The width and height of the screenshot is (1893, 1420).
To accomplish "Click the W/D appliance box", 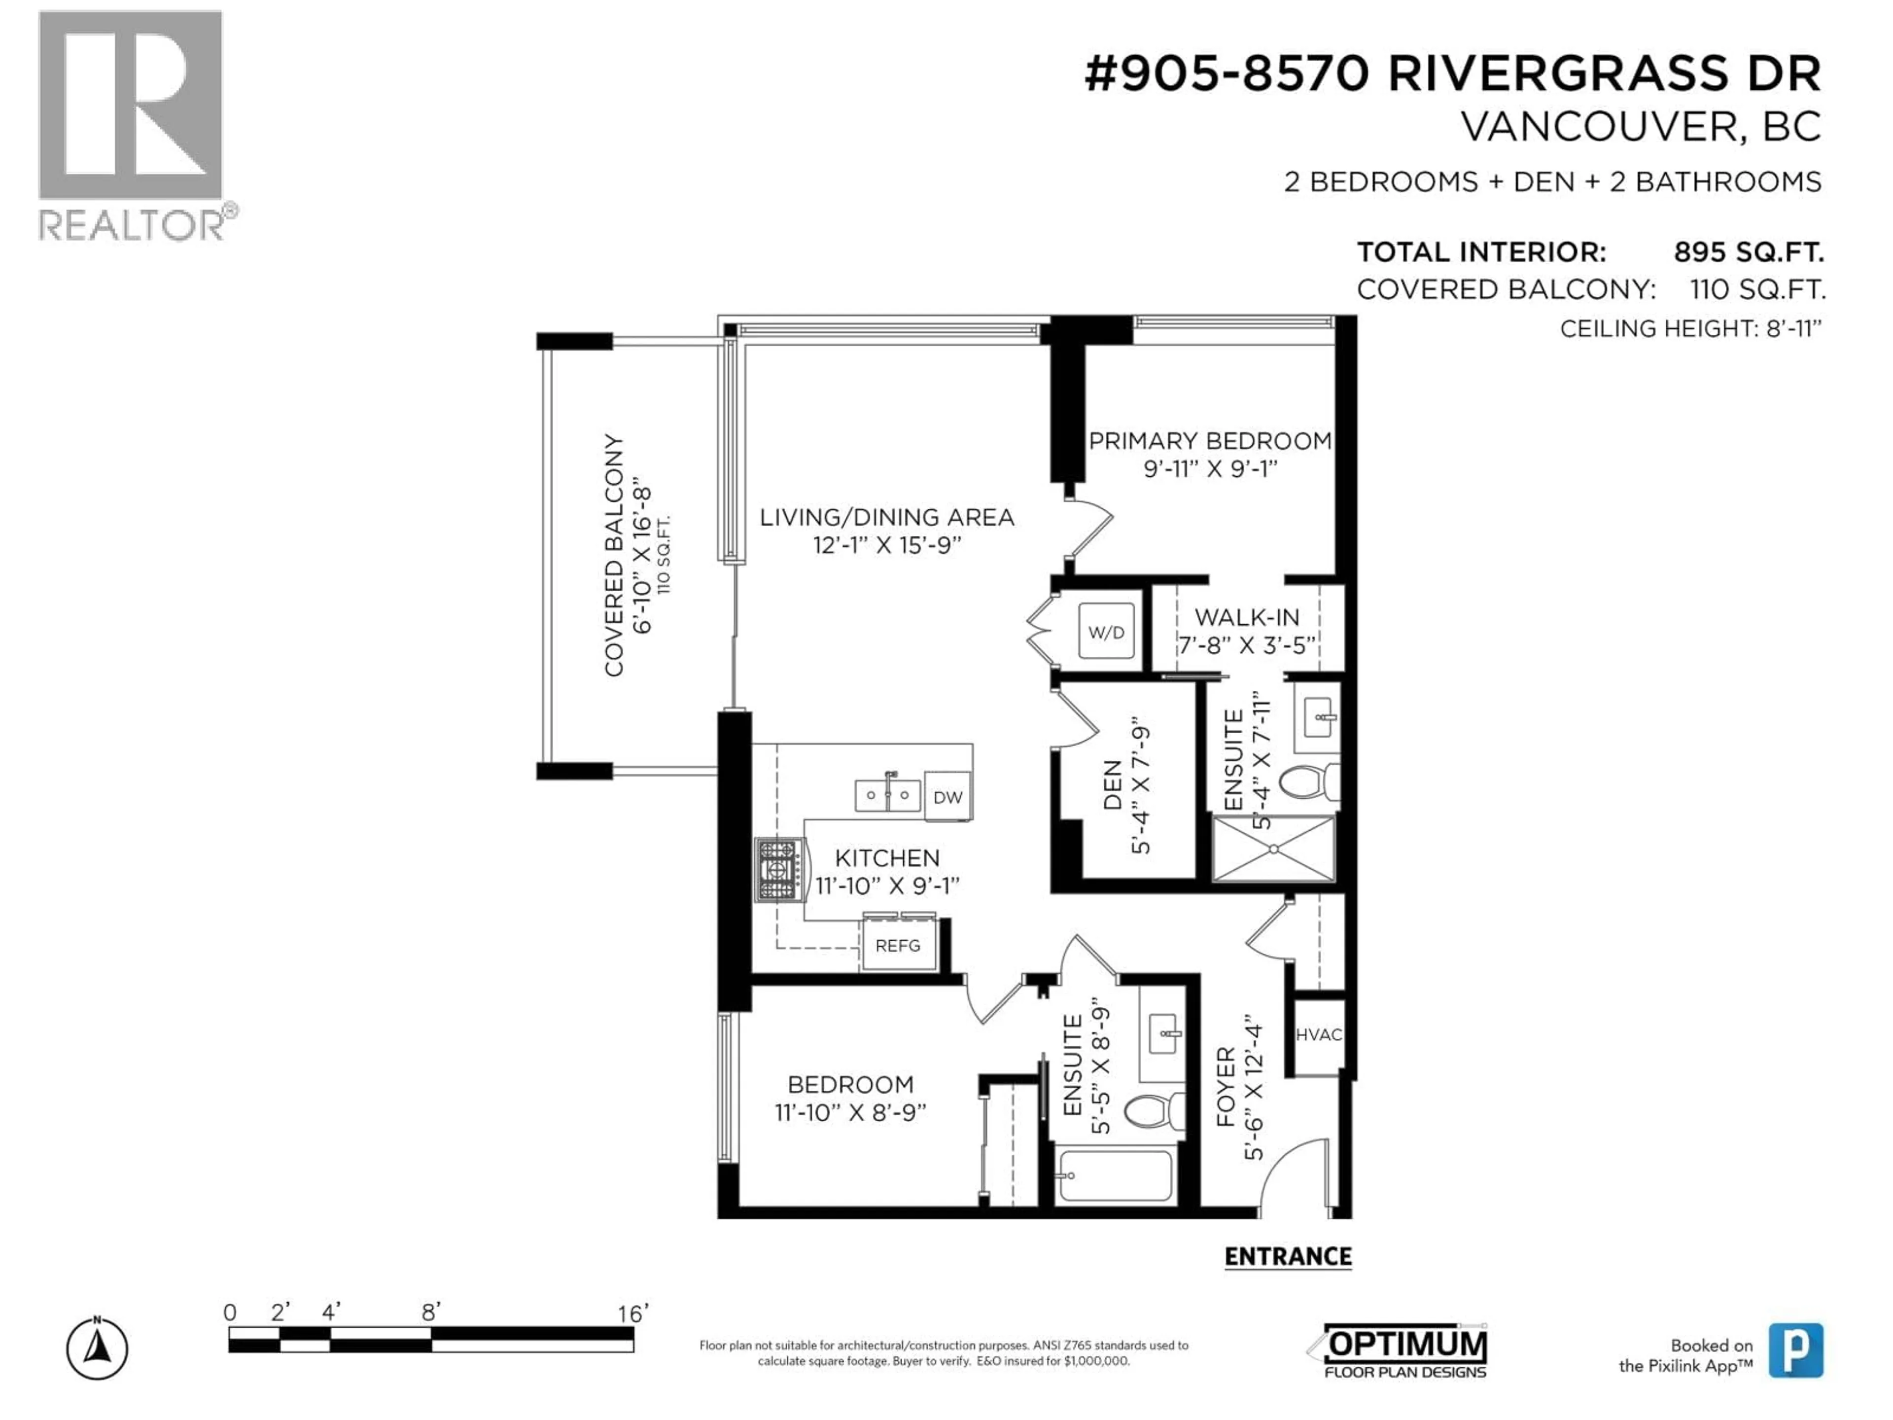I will tap(1106, 632).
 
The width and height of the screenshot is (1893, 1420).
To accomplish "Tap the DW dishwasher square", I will tap(947, 797).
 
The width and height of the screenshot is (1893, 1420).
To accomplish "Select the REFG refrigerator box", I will tap(898, 945).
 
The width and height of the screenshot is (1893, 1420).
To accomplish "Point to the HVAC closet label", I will tap(1318, 1034).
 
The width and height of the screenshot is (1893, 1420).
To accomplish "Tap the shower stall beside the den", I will tap(1273, 848).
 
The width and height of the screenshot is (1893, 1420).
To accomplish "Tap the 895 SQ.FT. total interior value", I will tap(1749, 252).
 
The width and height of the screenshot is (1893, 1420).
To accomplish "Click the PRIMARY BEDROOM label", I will tap(1209, 441).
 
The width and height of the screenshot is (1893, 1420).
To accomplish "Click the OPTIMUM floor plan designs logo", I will tap(1404, 1350).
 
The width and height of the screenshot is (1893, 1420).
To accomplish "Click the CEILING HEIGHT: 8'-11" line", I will tap(1690, 329).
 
